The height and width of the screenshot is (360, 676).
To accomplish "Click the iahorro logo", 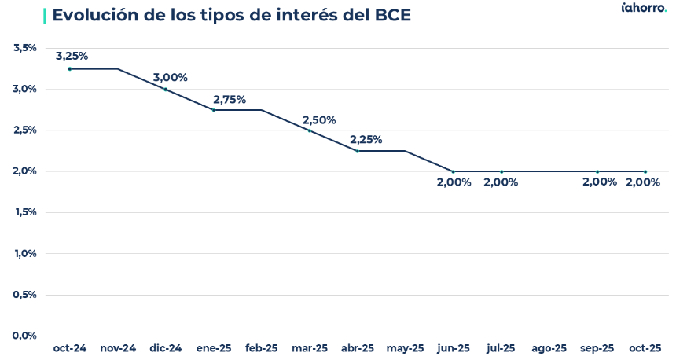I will [x=644, y=9].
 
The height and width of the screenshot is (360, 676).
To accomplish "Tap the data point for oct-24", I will [x=70, y=69].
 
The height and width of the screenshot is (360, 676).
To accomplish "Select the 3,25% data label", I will [x=72, y=56].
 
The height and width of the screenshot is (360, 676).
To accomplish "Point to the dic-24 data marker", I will [x=166, y=90].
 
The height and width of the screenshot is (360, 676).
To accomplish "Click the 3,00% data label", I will [x=171, y=77].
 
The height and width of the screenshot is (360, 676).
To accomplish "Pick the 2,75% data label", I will [x=230, y=99].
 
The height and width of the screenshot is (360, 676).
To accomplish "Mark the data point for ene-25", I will [x=214, y=110].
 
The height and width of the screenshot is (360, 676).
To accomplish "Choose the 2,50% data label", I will [x=319, y=119].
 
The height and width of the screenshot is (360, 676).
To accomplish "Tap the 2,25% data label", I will [x=366, y=139].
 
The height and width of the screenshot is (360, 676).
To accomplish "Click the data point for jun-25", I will [x=454, y=171].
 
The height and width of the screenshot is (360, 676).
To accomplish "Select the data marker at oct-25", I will [x=645, y=171].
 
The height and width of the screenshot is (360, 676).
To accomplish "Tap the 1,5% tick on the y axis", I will [x=26, y=212].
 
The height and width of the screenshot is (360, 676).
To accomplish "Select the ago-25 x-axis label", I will [x=549, y=348].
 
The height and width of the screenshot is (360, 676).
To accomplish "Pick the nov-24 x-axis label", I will [x=118, y=348].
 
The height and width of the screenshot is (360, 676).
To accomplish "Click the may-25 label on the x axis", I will [x=406, y=348].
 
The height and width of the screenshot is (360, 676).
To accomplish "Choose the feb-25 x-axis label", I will [x=262, y=348].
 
